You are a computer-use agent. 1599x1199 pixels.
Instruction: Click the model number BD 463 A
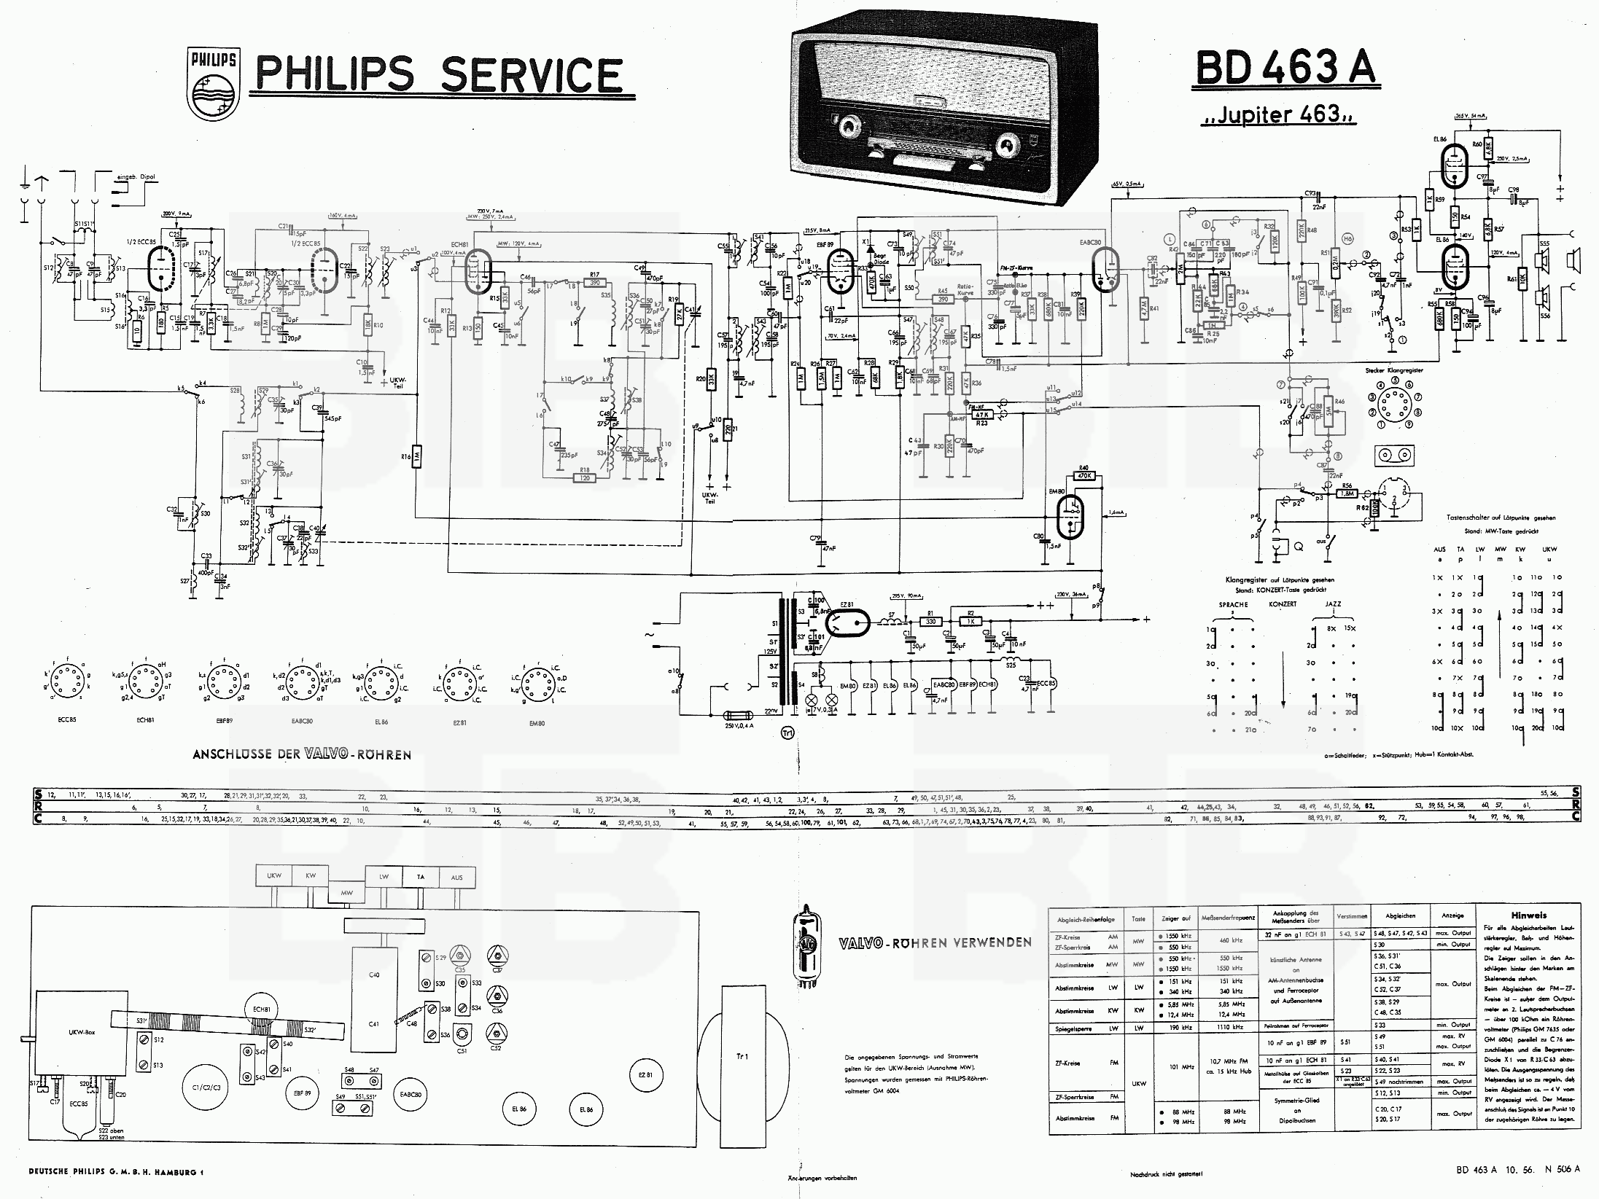[1284, 67]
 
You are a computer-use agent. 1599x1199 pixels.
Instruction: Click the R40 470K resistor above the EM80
[1083, 475]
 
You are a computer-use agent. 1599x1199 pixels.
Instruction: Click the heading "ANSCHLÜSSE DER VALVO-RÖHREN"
[301, 754]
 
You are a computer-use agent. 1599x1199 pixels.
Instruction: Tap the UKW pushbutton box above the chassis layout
[274, 875]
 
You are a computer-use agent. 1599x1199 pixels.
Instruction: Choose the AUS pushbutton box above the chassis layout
[456, 877]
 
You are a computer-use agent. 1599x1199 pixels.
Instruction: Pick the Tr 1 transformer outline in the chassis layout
[742, 1056]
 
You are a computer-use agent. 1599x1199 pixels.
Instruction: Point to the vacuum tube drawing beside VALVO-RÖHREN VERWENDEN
[807, 945]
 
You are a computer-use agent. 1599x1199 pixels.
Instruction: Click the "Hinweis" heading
[1528, 915]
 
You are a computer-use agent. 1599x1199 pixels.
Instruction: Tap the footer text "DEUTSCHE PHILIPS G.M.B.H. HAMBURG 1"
[117, 1172]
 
